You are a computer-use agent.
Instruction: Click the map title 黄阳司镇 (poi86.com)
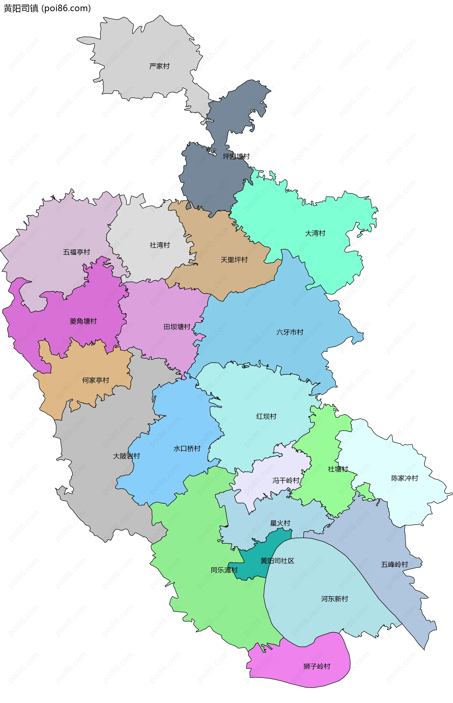(47, 8)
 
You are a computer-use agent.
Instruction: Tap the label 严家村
(159, 66)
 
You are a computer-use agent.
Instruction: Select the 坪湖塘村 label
(236, 156)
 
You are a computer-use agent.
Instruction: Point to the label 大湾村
(315, 233)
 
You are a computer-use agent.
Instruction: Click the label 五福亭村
(76, 252)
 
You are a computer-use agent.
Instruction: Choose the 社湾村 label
(160, 245)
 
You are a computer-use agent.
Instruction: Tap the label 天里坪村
(234, 260)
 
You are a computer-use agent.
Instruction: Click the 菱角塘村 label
(83, 321)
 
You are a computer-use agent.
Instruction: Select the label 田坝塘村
(177, 327)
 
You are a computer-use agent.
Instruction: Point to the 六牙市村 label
(290, 332)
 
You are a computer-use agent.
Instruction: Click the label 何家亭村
(96, 380)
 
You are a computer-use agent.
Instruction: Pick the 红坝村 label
(266, 416)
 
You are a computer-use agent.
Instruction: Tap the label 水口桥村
(187, 448)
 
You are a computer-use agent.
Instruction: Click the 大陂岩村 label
(126, 456)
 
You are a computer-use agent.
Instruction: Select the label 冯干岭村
(286, 480)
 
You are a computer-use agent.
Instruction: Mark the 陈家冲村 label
(404, 478)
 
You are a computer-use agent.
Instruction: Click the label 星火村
(280, 523)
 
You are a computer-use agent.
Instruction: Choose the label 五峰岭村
(394, 564)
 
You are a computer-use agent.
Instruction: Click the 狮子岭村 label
(317, 666)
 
